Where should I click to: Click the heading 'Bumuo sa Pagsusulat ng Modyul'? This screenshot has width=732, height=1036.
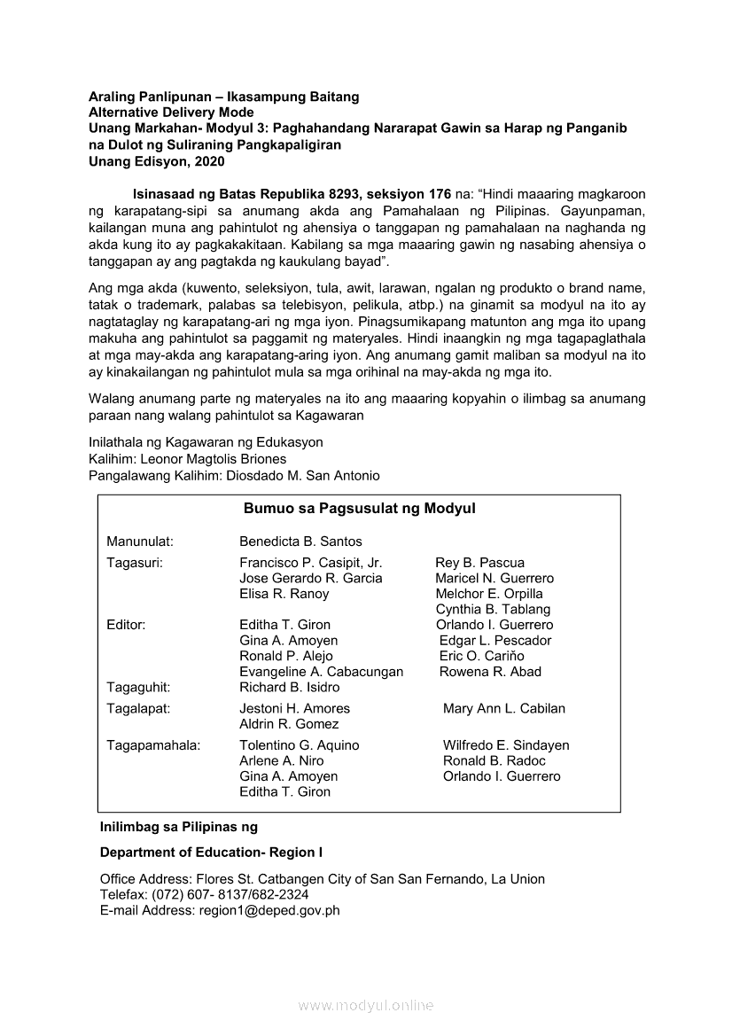pos(359,509)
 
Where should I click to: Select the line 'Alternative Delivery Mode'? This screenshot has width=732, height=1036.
pos(171,113)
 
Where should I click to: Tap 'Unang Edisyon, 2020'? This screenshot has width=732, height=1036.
pos(157,161)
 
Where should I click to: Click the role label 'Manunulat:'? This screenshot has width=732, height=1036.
pos(140,541)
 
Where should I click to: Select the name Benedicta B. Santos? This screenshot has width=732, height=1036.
pos(300,541)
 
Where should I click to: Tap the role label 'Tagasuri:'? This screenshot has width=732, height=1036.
pos(135,563)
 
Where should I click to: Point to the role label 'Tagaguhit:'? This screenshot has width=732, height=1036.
pos(138,688)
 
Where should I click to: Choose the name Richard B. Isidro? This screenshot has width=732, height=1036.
pos(289,688)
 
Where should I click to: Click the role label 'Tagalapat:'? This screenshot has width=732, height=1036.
pos(138,709)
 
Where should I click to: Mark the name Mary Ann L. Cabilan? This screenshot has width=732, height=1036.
pos(504,709)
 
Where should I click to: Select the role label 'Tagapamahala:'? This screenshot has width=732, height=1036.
pos(153,746)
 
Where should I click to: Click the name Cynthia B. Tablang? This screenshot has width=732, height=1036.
pos(493,610)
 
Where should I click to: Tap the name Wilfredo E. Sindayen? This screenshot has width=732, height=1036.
pos(506,746)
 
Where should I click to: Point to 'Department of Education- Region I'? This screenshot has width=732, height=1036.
pos(212,853)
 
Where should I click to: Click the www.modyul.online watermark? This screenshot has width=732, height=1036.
pos(366,1006)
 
